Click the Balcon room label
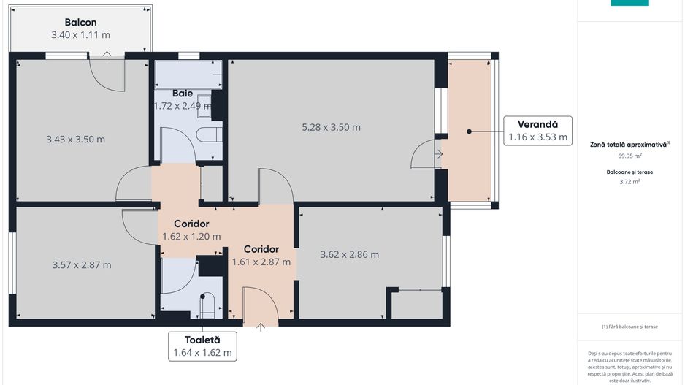pyautogui.click(x=80, y=23)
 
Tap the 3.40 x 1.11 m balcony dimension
pyautogui.click(x=80, y=34)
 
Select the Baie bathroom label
pyautogui.click(x=183, y=94)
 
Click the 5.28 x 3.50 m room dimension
pyautogui.click(x=331, y=127)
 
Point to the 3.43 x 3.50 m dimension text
pyautogui.click(x=75, y=140)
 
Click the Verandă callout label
pyautogui.click(x=537, y=124)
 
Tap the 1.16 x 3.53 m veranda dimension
pyautogui.click(x=537, y=137)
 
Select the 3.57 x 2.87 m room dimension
pyautogui.click(x=82, y=264)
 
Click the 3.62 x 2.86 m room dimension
pyautogui.click(x=349, y=254)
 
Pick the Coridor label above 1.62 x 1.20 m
pyautogui.click(x=191, y=224)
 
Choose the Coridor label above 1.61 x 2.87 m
pyautogui.click(x=261, y=249)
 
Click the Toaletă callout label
pyautogui.click(x=202, y=340)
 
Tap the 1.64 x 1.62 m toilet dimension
pyautogui.click(x=202, y=352)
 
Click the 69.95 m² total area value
pyautogui.click(x=629, y=156)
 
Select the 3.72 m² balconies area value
pyautogui.click(x=629, y=182)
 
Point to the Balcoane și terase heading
pyautogui.click(x=629, y=171)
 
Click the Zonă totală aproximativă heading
pyautogui.click(x=629, y=145)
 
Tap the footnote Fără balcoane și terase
pyautogui.click(x=629, y=327)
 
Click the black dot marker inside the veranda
pyautogui.click(x=469, y=131)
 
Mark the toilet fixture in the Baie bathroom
pyautogui.click(x=211, y=135)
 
